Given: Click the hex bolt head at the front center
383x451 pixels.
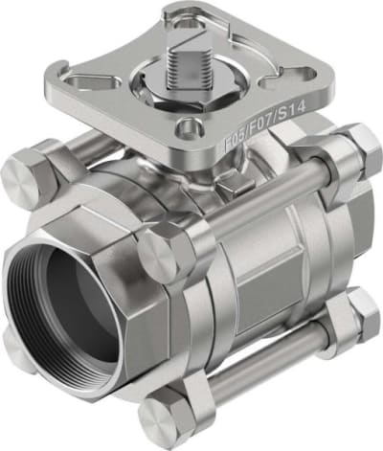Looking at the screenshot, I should tap(164, 254).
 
